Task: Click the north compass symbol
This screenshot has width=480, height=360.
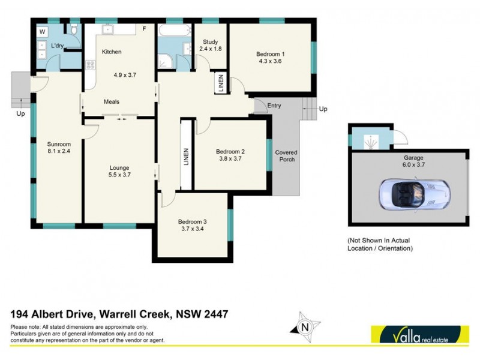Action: point(304,326)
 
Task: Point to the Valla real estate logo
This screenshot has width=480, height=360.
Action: point(419,334)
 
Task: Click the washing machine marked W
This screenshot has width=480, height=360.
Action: point(42,31)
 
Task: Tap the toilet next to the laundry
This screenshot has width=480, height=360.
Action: point(73,29)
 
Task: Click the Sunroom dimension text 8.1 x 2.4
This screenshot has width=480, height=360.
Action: point(59,152)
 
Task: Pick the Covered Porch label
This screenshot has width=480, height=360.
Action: point(286,156)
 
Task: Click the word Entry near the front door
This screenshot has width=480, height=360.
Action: point(274,106)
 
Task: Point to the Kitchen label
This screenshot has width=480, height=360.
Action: point(112,52)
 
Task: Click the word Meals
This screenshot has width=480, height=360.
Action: point(111,102)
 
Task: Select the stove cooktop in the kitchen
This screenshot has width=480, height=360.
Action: point(90,65)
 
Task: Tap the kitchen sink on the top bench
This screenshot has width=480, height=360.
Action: point(109,28)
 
